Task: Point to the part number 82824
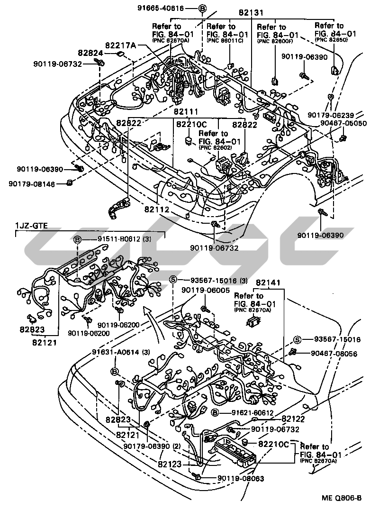91,53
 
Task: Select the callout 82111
186,112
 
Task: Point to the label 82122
292,419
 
